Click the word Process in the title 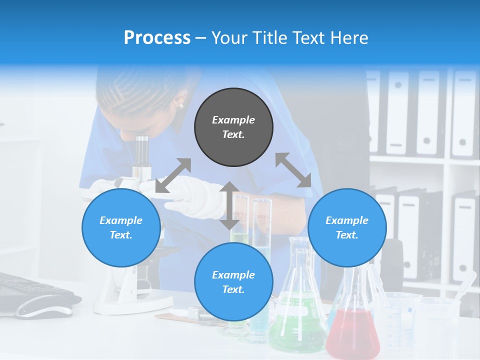[x=157, y=37]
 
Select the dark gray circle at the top [x=233, y=127]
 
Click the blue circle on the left [x=121, y=227]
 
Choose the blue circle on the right [x=347, y=227]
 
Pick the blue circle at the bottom [x=233, y=282]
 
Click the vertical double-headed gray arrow [x=229, y=205]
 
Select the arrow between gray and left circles [x=173, y=175]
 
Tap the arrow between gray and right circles [x=293, y=170]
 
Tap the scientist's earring [x=180, y=105]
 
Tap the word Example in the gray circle [x=233, y=120]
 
